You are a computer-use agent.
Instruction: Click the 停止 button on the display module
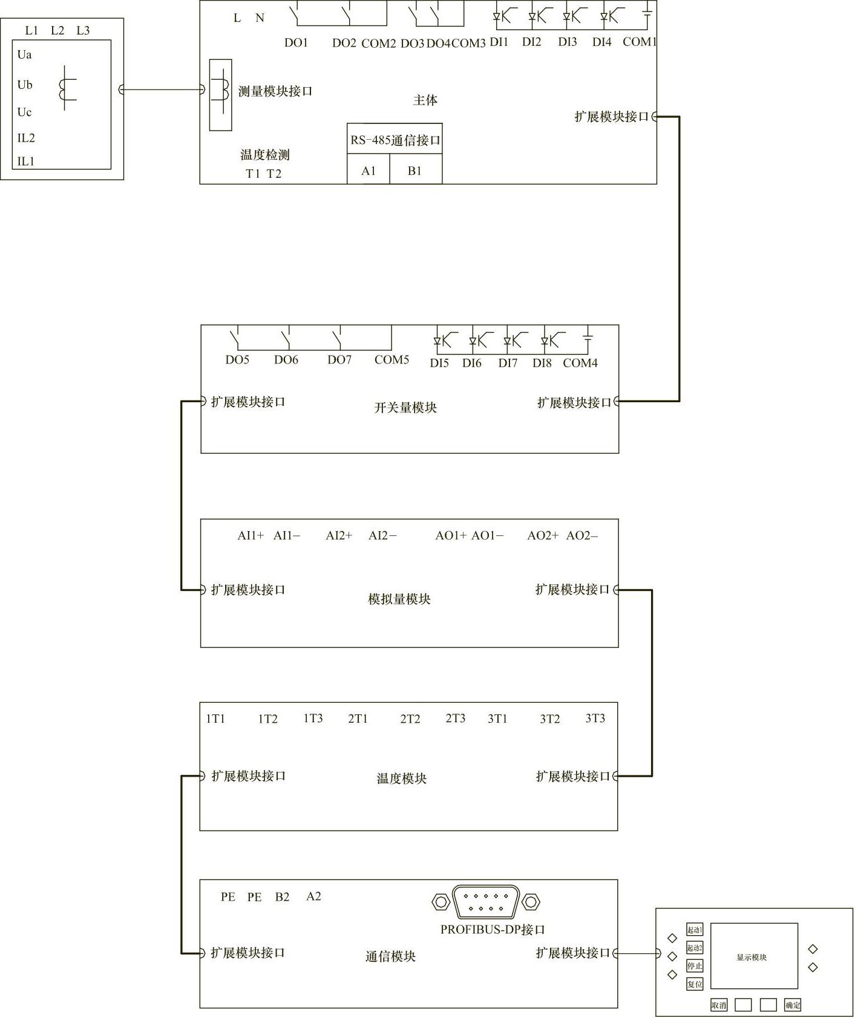(695, 966)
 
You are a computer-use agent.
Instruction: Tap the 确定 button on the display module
(793, 1005)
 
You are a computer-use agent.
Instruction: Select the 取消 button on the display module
(719, 1005)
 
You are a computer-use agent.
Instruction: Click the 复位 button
(695, 984)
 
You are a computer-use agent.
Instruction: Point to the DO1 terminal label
(296, 43)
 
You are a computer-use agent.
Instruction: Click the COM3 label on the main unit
(469, 43)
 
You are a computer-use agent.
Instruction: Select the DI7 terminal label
(508, 363)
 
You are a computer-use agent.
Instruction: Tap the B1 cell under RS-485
(414, 171)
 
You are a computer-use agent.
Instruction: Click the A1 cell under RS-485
(369, 171)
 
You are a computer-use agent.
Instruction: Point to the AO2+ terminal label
(543, 535)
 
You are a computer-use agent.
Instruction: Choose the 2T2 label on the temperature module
(410, 719)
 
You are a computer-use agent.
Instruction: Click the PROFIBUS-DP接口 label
(493, 929)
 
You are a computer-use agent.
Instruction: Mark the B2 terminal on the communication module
(283, 896)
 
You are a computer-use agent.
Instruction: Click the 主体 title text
(425, 100)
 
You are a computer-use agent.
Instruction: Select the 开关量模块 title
(405, 407)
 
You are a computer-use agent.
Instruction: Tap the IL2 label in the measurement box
(26, 138)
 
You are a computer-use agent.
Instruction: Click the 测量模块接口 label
(275, 91)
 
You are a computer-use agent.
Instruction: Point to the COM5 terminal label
(392, 359)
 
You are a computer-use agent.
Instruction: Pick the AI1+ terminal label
(251, 535)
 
